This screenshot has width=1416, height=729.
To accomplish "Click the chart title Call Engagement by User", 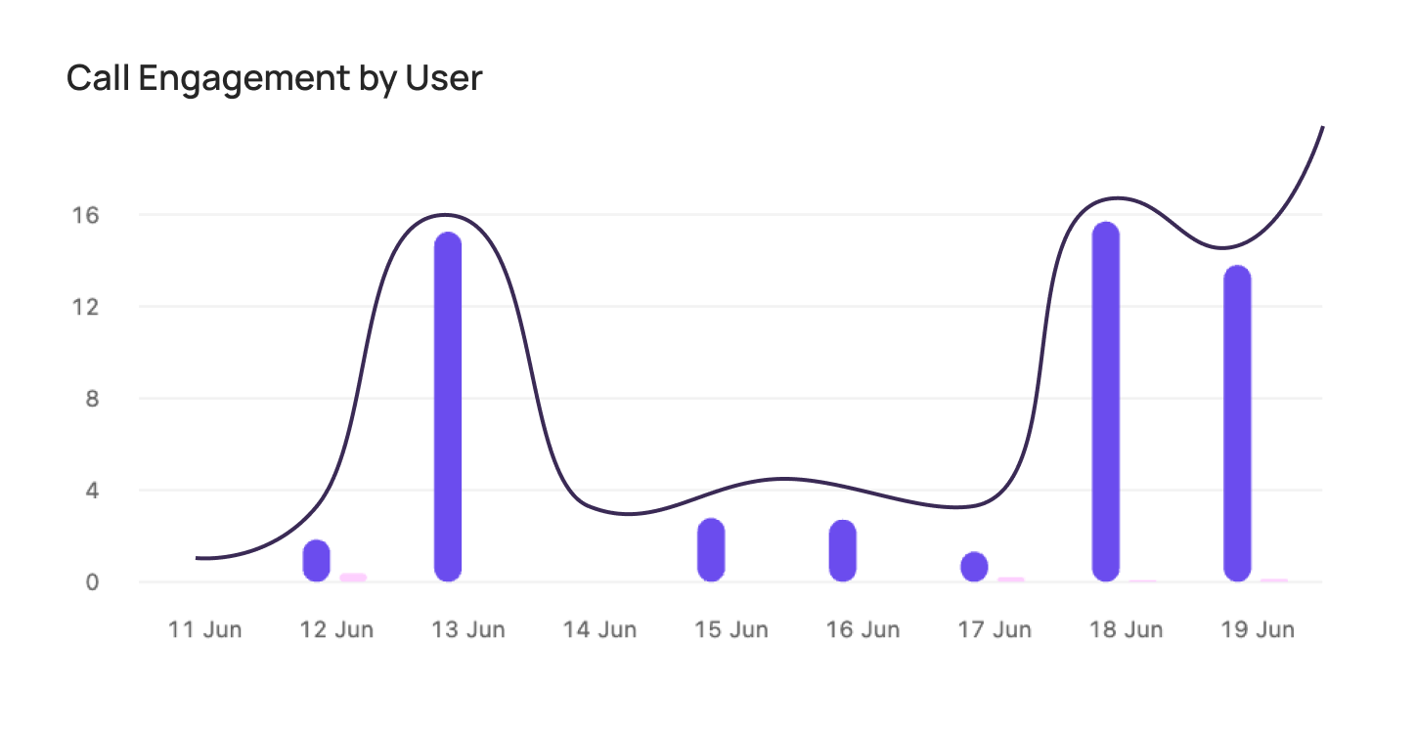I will pyautogui.click(x=274, y=78).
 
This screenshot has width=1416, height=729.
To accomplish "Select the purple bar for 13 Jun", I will pyautogui.click(x=447, y=407).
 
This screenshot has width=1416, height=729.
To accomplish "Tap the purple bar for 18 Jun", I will pyautogui.click(x=1105, y=402).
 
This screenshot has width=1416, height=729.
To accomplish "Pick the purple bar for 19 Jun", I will pyautogui.click(x=1237, y=423).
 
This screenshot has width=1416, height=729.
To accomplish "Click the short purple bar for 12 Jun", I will pyautogui.click(x=316, y=560).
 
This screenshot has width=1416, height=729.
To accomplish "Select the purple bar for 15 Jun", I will pyautogui.click(x=711, y=549).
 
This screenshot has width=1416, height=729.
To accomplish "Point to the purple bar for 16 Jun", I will pyautogui.click(x=842, y=550).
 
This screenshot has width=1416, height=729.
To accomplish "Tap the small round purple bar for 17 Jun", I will pyautogui.click(x=974, y=567).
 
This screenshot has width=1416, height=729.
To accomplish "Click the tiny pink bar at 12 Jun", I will pyautogui.click(x=353, y=578).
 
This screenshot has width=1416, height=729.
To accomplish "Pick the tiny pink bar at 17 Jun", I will pyautogui.click(x=1010, y=579).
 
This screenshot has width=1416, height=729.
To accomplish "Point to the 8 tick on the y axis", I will pyautogui.click(x=92, y=399).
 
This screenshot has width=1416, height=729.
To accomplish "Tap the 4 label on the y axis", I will pyautogui.click(x=92, y=491).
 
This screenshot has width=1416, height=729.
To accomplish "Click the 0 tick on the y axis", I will pyautogui.click(x=92, y=582).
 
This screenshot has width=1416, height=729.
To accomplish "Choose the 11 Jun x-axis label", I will pyautogui.click(x=204, y=629).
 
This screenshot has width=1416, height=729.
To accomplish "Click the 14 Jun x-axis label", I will pyautogui.click(x=599, y=629).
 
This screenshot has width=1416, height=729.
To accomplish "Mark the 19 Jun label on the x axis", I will pyautogui.click(x=1258, y=629).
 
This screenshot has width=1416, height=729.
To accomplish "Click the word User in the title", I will pyautogui.click(x=445, y=78).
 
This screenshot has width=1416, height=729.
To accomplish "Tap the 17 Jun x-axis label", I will pyautogui.click(x=995, y=629).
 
